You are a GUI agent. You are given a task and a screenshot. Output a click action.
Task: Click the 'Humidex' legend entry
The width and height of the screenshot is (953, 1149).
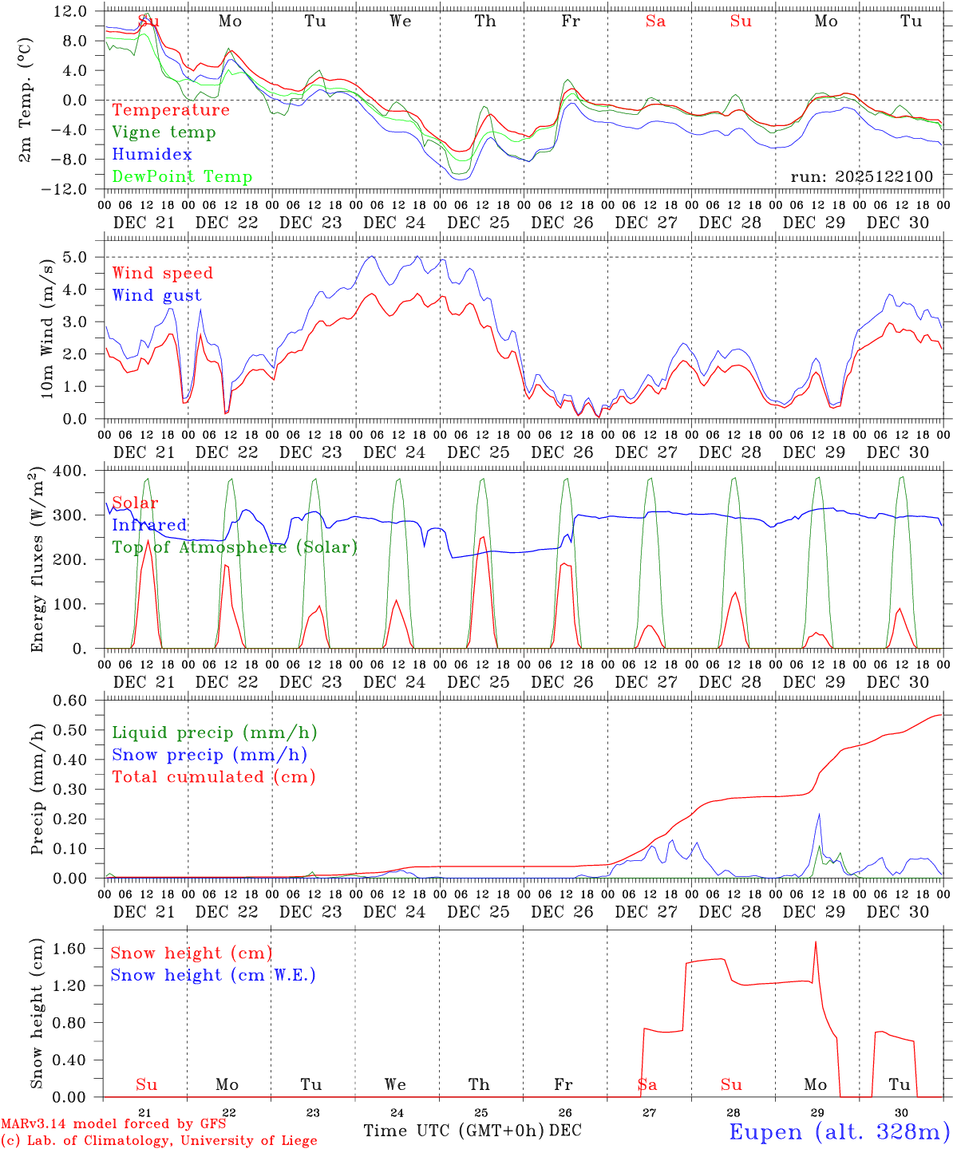click(x=152, y=155)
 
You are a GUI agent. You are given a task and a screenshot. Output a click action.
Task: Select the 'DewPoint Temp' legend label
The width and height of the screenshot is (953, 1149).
click(x=182, y=177)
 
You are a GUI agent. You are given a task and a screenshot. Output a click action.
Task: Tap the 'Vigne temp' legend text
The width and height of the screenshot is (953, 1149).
click(x=164, y=132)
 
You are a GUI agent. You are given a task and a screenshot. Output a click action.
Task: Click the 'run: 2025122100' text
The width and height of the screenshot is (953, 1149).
click(x=861, y=177)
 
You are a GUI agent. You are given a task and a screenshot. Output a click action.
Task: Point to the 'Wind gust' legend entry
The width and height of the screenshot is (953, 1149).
click(x=156, y=295)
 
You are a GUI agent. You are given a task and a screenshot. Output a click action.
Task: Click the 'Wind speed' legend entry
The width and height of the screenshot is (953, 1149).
click(x=163, y=273)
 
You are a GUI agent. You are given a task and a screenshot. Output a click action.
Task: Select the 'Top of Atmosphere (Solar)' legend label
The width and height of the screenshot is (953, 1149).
click(x=235, y=547)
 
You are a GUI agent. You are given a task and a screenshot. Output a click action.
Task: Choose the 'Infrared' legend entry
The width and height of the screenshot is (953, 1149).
click(x=149, y=525)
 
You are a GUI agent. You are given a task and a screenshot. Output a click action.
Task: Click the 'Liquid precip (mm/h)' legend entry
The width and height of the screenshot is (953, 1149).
click(x=215, y=732)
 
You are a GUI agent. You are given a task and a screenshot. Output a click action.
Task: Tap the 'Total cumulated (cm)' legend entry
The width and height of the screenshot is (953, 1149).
click(x=214, y=777)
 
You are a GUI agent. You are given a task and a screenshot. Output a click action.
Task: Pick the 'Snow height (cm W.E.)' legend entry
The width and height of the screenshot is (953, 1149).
click(x=213, y=975)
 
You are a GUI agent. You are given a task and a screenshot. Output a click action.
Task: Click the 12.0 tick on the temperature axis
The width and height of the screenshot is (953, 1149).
click(x=71, y=11)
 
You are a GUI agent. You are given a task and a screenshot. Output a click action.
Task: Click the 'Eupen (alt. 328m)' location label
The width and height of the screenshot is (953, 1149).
click(x=839, y=1131)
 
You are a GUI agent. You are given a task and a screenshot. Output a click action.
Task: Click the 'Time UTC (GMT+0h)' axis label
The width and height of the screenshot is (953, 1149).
click(x=453, y=1131)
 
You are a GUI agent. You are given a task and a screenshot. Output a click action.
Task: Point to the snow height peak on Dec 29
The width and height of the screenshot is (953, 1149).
click(x=816, y=942)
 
